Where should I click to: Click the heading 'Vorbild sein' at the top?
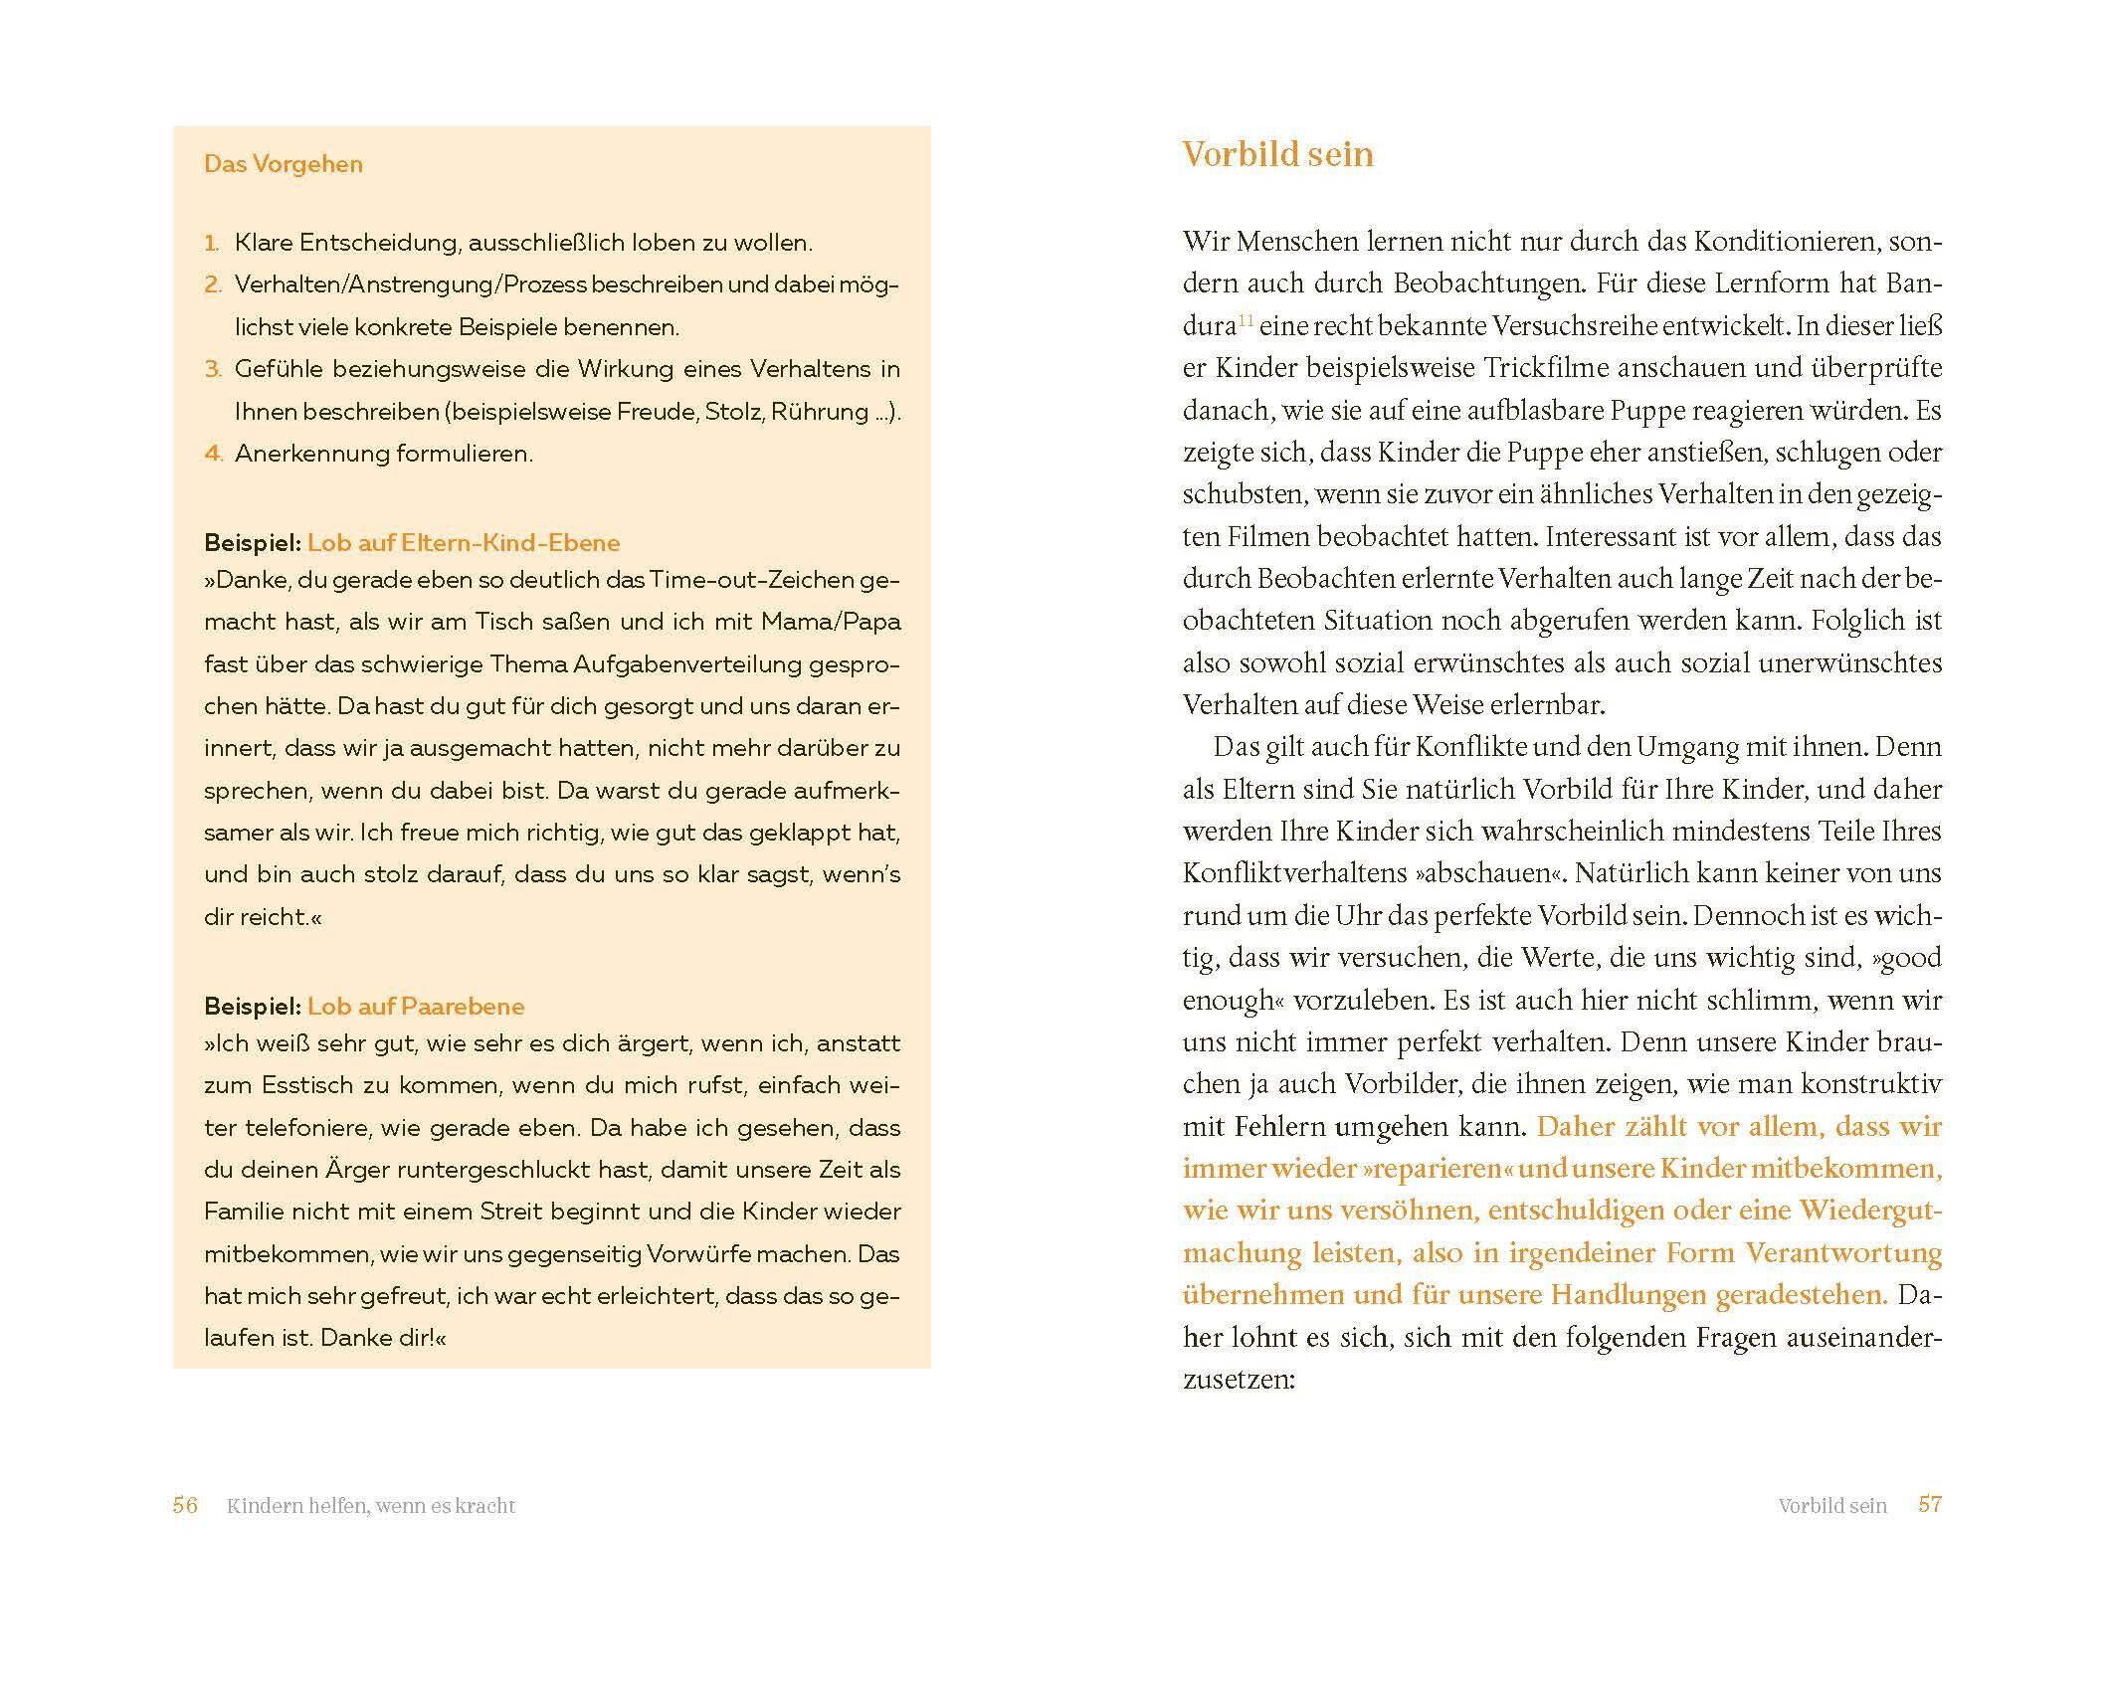(1277, 155)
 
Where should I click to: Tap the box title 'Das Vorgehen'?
(284, 164)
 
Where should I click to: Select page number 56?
(185, 1505)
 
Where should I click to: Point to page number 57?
(1930, 1504)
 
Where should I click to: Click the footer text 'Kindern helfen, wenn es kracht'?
(371, 1506)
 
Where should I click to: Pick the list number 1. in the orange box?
(211, 243)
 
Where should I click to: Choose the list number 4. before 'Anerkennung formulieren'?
(214, 454)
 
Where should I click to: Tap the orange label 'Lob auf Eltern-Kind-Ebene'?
(464, 543)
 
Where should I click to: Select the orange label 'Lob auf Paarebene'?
(416, 1007)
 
